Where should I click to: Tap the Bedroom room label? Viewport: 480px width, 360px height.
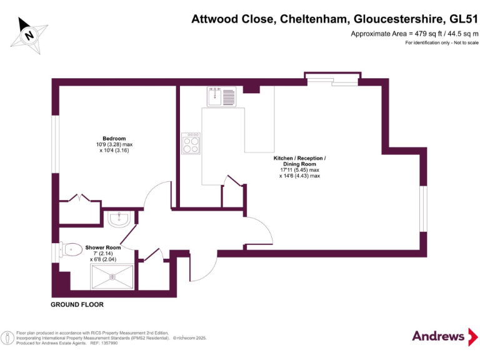click(114, 138)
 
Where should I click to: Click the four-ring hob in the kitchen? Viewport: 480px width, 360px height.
click(191, 143)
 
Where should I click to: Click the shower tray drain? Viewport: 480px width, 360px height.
click(113, 276)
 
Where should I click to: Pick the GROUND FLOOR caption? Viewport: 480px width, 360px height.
click(77, 305)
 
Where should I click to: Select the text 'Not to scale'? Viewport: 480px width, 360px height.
click(464, 42)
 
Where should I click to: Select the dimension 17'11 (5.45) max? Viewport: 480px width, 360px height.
click(299, 170)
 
